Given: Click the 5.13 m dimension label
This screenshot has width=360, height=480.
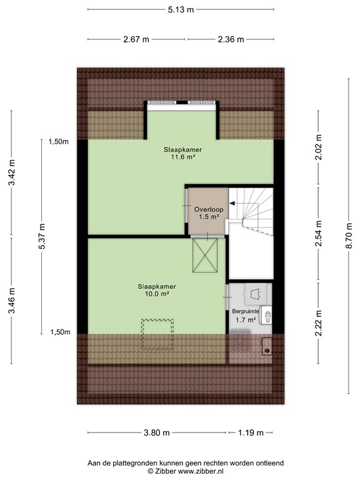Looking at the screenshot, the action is [x=181, y=10].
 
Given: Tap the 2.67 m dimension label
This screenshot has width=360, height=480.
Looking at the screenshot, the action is [x=136, y=39].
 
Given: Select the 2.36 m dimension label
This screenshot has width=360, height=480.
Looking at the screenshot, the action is [x=231, y=39].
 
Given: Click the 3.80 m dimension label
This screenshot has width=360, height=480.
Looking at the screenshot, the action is [x=156, y=432].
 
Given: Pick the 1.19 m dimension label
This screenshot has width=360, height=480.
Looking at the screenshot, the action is [x=251, y=432].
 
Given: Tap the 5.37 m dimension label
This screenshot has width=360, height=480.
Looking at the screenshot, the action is [x=42, y=236].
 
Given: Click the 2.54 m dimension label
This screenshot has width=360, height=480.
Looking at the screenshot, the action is [x=319, y=234].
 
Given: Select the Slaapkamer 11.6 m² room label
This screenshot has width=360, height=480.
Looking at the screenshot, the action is [x=182, y=153].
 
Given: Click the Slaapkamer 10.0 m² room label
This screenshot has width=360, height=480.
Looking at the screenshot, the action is [x=157, y=290].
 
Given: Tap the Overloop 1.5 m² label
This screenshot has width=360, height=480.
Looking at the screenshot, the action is [x=209, y=213].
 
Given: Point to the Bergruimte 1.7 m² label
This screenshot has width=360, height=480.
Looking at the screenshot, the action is [x=246, y=316].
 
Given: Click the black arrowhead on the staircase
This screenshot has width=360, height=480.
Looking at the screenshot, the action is [x=232, y=203].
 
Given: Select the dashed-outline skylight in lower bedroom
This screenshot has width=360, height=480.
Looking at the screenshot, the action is [x=157, y=334].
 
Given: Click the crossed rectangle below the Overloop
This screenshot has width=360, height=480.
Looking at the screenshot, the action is [x=205, y=255].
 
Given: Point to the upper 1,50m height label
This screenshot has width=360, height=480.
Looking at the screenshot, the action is [x=59, y=141].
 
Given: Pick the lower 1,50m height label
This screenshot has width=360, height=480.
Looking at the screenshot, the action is [x=60, y=332].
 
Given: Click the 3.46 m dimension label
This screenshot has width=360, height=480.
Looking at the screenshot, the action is [x=12, y=301].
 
